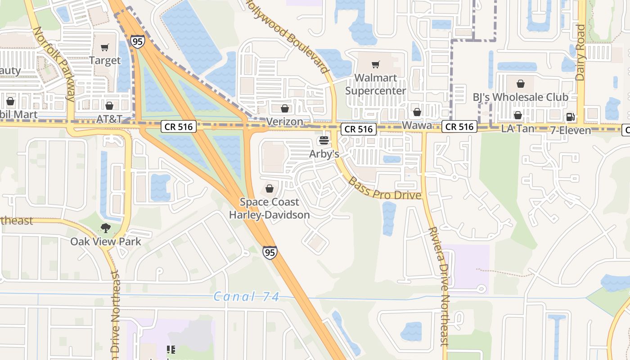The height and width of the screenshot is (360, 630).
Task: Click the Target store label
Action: pyautogui.click(x=104, y=60)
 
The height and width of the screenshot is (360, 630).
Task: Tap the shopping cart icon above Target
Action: pyautogui.click(x=105, y=47)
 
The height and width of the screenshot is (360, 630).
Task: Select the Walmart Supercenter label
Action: pyautogui.click(x=376, y=84)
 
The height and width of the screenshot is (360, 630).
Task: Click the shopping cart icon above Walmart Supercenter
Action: pyautogui.click(x=376, y=64)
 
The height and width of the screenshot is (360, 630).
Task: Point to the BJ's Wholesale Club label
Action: pyautogui.click(x=520, y=97)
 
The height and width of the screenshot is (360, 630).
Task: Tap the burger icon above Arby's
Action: pyautogui.click(x=323, y=140)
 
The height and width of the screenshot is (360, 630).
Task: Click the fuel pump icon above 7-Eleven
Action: pyautogui.click(x=570, y=117)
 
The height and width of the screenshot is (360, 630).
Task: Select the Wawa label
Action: pyautogui.click(x=417, y=125)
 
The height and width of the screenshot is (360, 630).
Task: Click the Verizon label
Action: pyautogui.click(x=284, y=121)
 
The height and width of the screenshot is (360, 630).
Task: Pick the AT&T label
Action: pyautogui.click(x=109, y=119)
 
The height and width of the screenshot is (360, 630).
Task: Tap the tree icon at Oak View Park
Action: pyautogui.click(x=106, y=228)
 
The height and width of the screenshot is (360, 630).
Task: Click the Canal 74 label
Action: pyautogui.click(x=247, y=297)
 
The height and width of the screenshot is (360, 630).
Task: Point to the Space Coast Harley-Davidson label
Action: pyautogui.click(x=269, y=208)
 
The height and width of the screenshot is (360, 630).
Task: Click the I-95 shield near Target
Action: pyautogui.click(x=138, y=41)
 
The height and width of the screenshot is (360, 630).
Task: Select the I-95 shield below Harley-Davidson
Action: pyautogui.click(x=270, y=252)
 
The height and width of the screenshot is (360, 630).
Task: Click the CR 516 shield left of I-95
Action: pyautogui.click(x=179, y=127)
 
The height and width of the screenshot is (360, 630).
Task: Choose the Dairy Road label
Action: pyautogui.click(x=580, y=53)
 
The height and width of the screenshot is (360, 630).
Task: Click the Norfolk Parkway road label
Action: pyautogui.click(x=54, y=63)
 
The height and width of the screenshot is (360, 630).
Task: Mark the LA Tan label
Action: pyautogui.click(x=517, y=129)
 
